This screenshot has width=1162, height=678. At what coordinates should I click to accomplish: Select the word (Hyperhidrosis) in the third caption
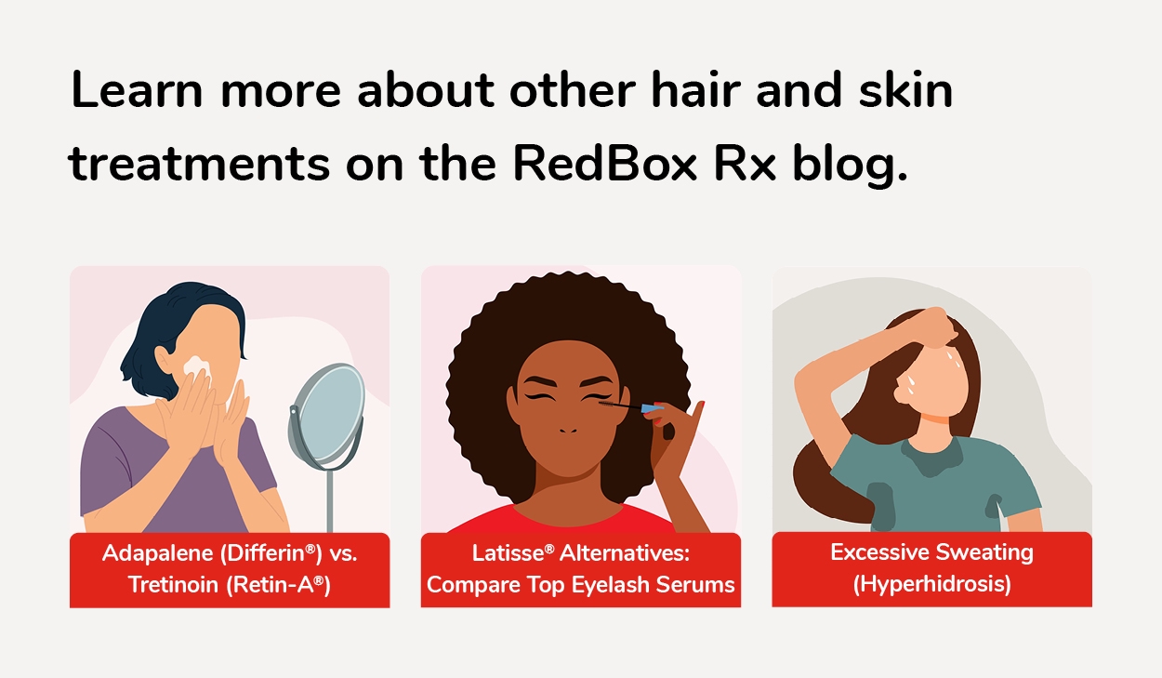(931, 585)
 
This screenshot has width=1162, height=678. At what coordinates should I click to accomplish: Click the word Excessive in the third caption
(876, 552)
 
